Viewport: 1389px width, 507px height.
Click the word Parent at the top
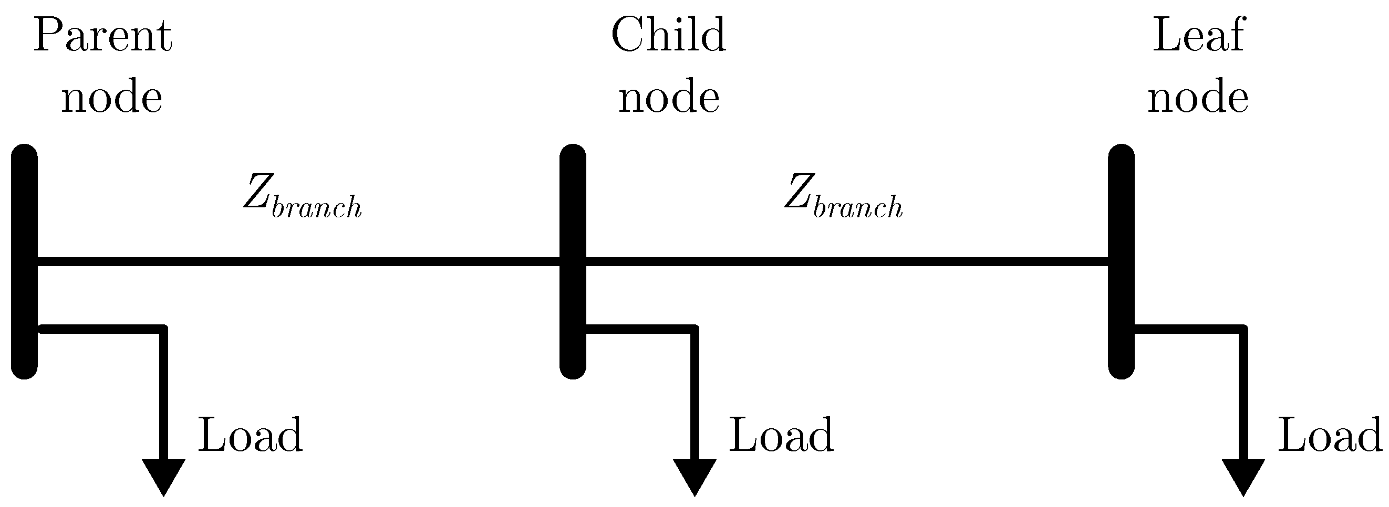click(x=102, y=37)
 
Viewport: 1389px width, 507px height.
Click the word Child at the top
click(x=668, y=36)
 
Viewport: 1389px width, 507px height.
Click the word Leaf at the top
click(x=1198, y=36)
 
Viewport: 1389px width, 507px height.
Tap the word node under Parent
click(x=111, y=98)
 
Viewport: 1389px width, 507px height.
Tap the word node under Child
click(x=669, y=98)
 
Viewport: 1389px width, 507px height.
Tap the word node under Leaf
click(x=1198, y=98)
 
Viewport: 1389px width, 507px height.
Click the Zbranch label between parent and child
click(x=302, y=197)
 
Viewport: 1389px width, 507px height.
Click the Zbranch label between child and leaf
click(x=843, y=197)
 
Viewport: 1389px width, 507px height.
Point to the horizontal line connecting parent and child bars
click(x=297, y=262)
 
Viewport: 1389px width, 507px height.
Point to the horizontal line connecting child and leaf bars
click(x=846, y=262)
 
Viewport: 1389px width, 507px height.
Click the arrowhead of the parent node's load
click(x=163, y=474)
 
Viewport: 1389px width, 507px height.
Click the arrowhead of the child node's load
click(x=694, y=474)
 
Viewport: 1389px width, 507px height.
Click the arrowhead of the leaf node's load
click(x=1243, y=474)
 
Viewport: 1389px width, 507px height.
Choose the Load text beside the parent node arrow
click(x=250, y=435)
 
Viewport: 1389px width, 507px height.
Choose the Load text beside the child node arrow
click(x=781, y=435)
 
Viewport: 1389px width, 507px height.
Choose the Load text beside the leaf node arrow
click(x=1330, y=435)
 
